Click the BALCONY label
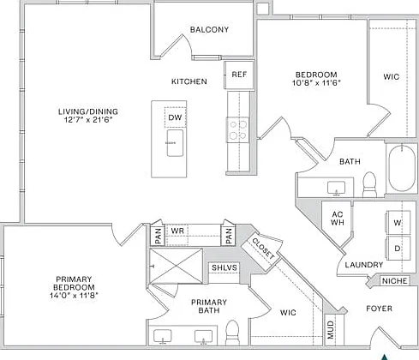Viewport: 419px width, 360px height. [209, 29]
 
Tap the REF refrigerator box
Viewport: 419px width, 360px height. [239, 75]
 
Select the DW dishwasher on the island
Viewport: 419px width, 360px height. [175, 117]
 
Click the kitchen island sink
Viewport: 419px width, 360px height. [175, 143]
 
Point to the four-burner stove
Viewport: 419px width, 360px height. [238, 130]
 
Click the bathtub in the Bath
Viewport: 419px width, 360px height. [402, 168]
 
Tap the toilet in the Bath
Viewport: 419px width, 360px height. [369, 184]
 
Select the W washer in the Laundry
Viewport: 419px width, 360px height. [398, 222]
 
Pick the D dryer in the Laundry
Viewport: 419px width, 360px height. [398, 248]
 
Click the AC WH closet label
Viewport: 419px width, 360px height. [338, 218]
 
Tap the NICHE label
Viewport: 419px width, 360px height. [394, 281]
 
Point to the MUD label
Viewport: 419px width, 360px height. [331, 330]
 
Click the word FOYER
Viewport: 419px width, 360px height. [379, 309]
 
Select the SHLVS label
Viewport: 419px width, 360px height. [224, 267]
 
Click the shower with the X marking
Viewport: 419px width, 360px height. [176, 266]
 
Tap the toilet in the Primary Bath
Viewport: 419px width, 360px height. [232, 333]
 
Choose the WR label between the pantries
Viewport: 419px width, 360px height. [177, 231]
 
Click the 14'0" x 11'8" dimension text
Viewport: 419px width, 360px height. [74, 296]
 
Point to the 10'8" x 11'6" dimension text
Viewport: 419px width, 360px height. [316, 83]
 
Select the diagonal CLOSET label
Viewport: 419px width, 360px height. [263, 249]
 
